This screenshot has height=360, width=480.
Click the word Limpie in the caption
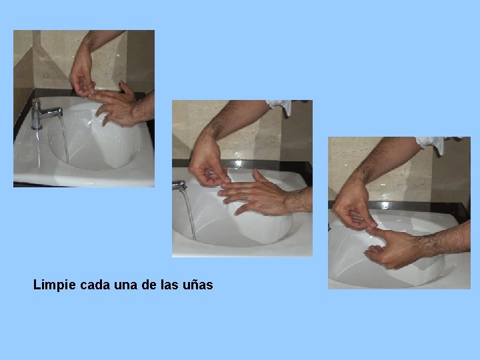point(54,285)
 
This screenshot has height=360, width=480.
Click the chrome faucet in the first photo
point(45,114)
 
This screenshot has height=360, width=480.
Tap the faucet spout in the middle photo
point(180,185)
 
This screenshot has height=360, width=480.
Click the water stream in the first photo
point(64,139)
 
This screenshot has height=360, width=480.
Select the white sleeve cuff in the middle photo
point(280,107)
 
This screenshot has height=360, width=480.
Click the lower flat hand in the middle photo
point(254,196)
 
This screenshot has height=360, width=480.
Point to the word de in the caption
point(149,285)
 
